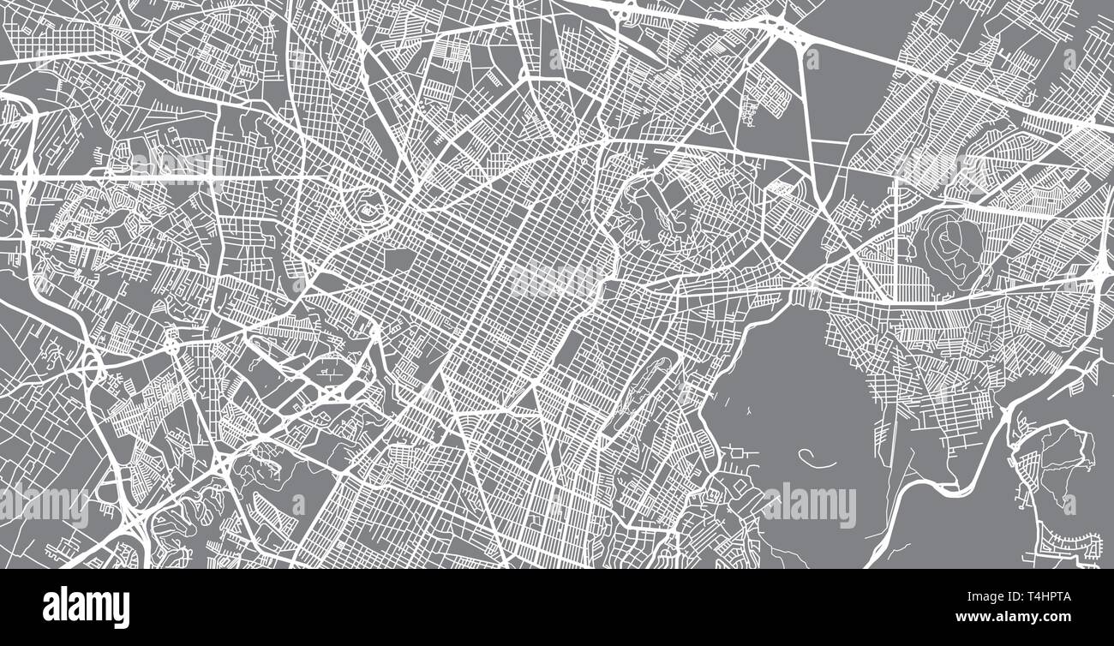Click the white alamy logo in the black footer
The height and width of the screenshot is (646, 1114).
coord(86,607)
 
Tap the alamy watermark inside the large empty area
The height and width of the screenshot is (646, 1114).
coord(807,505)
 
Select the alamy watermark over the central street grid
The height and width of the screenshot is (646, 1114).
coord(557,278)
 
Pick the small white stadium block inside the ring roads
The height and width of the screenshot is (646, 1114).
coord(369,209)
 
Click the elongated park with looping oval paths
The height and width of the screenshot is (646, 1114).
coord(643,390)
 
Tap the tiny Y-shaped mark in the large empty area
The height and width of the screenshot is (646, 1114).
coord(749,412)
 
